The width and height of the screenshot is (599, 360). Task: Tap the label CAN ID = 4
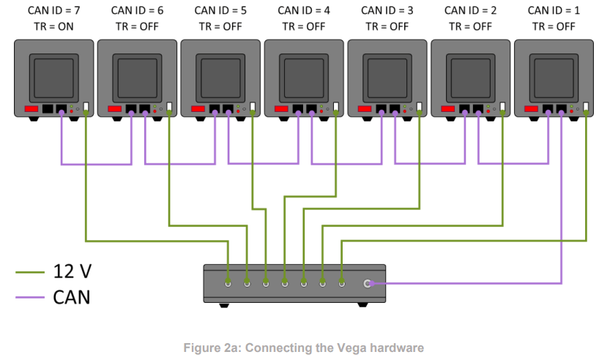[304, 10]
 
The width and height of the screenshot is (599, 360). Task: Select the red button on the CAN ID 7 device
[31, 109]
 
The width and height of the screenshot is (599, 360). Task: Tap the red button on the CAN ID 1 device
[530, 109]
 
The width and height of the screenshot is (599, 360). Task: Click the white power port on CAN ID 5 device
[253, 107]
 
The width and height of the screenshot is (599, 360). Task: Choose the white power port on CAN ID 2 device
[503, 107]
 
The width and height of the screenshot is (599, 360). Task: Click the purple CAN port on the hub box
[368, 282]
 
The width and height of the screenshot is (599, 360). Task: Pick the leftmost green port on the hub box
[228, 282]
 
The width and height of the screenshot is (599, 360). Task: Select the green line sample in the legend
[31, 273]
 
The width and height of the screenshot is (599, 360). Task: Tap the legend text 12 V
[72, 273]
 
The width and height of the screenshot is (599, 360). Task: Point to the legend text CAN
[72, 298]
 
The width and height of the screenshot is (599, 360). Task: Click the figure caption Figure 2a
[303, 348]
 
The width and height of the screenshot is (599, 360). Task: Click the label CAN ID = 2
[470, 10]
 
